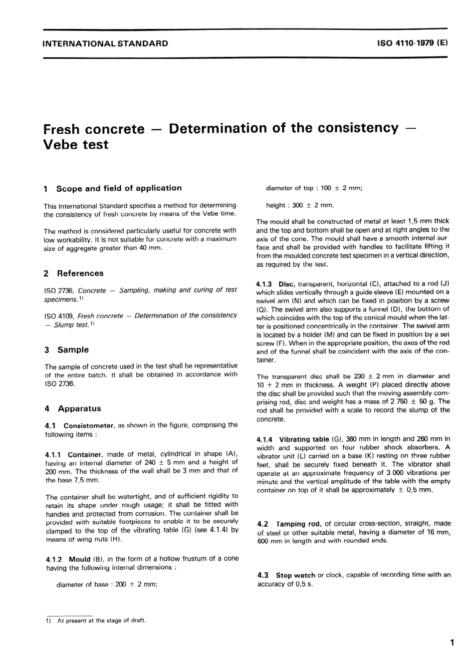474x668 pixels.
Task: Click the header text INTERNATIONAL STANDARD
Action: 105,43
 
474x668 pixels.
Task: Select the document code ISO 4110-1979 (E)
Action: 413,43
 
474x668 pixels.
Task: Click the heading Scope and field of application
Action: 119,188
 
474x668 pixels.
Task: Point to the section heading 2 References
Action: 74,273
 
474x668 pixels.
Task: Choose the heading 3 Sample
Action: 66,349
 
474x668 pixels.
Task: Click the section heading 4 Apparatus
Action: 73,408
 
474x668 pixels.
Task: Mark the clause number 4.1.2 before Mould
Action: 53,559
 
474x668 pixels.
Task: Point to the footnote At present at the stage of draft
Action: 101,621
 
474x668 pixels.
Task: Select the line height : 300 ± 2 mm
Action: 300,205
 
